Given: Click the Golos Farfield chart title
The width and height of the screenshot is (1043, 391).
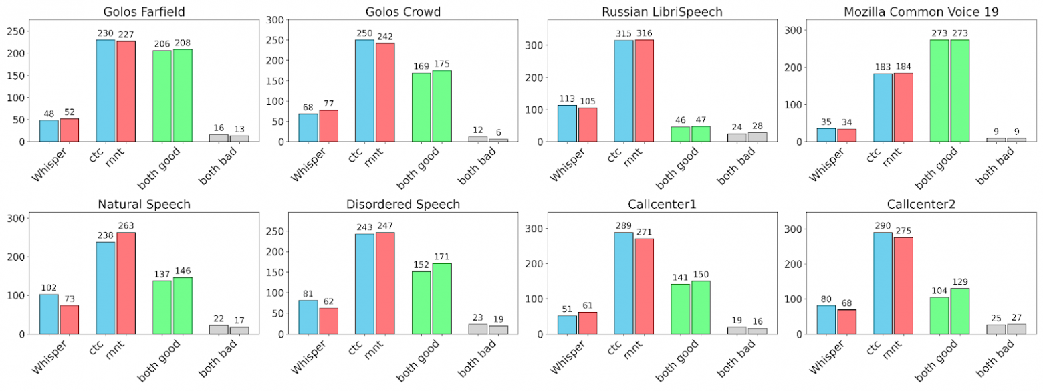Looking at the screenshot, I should click(144, 11).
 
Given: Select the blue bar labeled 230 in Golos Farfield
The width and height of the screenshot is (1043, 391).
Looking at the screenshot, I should click(106, 91).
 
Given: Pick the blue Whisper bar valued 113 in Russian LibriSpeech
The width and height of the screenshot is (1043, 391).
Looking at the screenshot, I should click(567, 124).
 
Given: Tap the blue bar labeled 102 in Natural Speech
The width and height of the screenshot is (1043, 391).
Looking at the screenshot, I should click(49, 314).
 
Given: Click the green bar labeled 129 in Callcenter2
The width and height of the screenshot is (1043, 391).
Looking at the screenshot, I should click(959, 311).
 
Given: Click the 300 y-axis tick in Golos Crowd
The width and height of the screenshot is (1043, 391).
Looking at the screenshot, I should click(273, 20).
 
